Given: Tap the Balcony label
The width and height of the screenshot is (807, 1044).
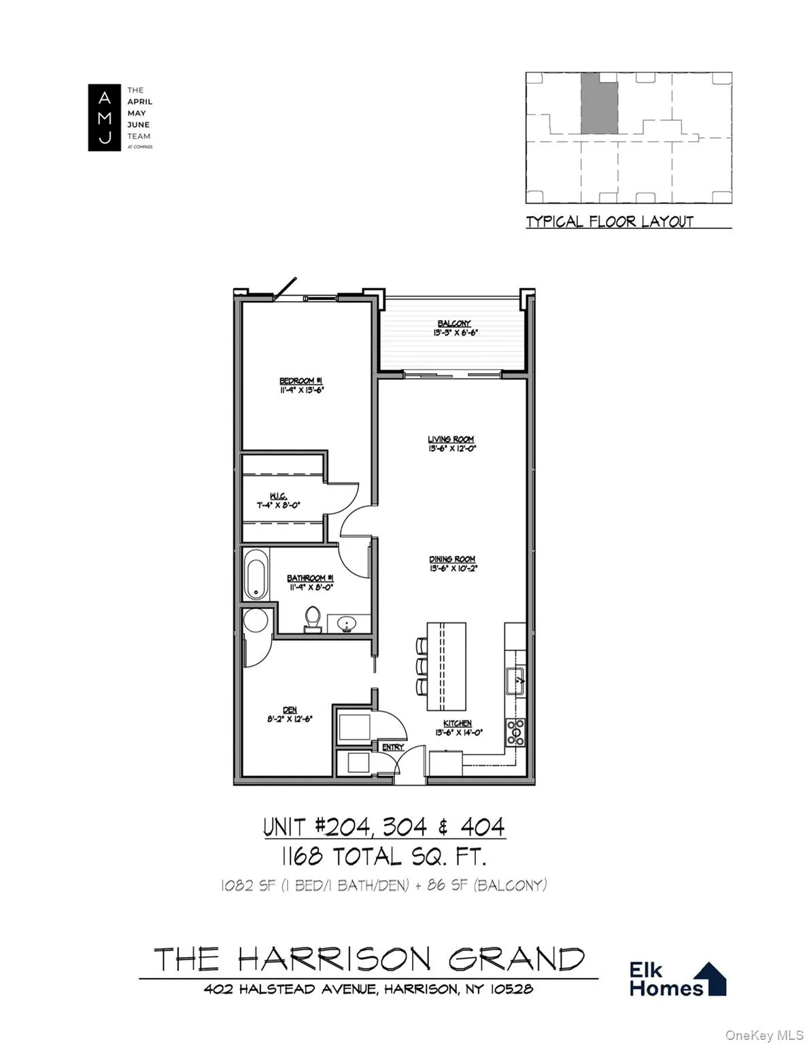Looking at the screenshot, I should (x=453, y=324).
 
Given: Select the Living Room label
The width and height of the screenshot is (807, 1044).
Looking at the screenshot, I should (x=451, y=440).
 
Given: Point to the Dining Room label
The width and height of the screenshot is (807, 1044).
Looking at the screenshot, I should (x=452, y=559).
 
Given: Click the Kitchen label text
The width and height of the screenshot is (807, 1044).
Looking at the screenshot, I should (x=458, y=724).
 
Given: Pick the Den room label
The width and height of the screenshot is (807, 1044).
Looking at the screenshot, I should (x=290, y=710).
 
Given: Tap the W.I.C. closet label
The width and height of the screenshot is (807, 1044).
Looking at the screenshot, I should (x=277, y=495).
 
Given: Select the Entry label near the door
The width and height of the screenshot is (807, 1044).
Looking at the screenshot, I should (x=393, y=747).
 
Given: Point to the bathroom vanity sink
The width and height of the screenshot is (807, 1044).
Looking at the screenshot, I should (x=347, y=623).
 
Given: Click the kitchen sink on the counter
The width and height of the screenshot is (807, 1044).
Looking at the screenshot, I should (x=515, y=680).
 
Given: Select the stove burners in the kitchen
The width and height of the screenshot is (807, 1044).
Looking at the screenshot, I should (x=515, y=732).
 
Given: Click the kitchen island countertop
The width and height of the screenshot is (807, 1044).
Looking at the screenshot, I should (x=447, y=665).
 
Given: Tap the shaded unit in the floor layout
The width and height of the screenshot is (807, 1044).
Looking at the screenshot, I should (x=599, y=103).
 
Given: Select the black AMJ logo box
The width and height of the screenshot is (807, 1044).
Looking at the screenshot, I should (x=104, y=118).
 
